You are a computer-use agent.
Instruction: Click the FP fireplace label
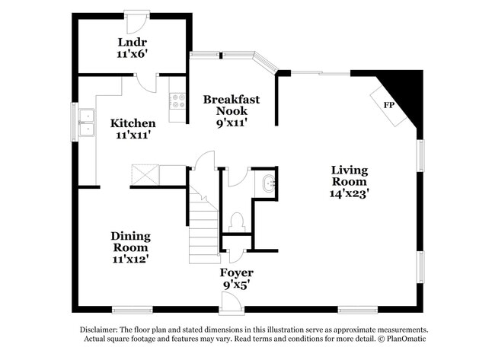coord(388,104)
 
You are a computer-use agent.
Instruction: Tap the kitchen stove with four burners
coord(177,100)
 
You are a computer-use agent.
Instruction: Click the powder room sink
coord(268,184)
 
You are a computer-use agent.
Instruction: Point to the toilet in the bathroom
coord(236,221)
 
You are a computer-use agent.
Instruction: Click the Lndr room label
coord(132,41)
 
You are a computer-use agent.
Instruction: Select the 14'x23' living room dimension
coord(349,193)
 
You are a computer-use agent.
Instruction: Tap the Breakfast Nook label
coord(232,105)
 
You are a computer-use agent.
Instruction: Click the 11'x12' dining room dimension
coord(130,259)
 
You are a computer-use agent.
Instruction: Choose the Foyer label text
coord(237,272)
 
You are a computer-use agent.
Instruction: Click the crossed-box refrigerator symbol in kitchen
coord(145,175)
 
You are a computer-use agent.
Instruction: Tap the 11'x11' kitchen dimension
coord(133,135)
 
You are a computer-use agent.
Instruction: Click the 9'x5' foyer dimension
coord(237,284)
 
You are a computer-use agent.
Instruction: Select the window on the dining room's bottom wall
coord(131,309)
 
